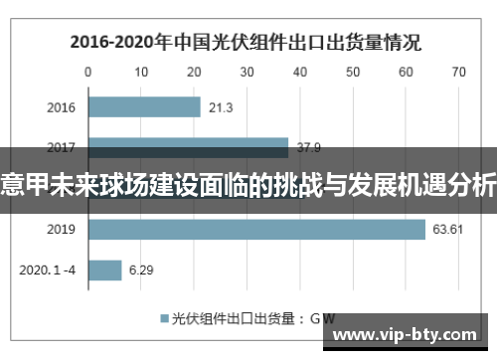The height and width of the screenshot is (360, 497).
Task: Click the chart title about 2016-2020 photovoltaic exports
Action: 245,44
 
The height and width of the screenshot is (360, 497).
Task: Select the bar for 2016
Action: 144,107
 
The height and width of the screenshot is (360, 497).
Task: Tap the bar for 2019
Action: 256,230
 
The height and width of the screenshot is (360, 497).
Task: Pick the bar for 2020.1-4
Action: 105,270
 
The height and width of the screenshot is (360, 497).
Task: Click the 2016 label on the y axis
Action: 62,107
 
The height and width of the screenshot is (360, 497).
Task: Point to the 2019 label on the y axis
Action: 62,230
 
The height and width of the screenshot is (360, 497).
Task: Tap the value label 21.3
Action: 221,107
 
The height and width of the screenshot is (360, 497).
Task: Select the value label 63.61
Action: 446,230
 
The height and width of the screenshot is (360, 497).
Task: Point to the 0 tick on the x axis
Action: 88,73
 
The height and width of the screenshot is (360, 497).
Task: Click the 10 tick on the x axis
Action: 141,73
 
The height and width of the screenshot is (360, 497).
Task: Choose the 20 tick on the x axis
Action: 194,73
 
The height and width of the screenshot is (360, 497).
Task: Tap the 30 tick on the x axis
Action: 247,73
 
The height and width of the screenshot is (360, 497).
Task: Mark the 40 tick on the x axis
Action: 299,73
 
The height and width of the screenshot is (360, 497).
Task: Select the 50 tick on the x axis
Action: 352,73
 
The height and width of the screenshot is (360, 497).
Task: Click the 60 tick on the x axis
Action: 405,73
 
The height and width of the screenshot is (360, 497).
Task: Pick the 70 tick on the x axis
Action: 457,73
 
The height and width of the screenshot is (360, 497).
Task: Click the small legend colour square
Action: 165,319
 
